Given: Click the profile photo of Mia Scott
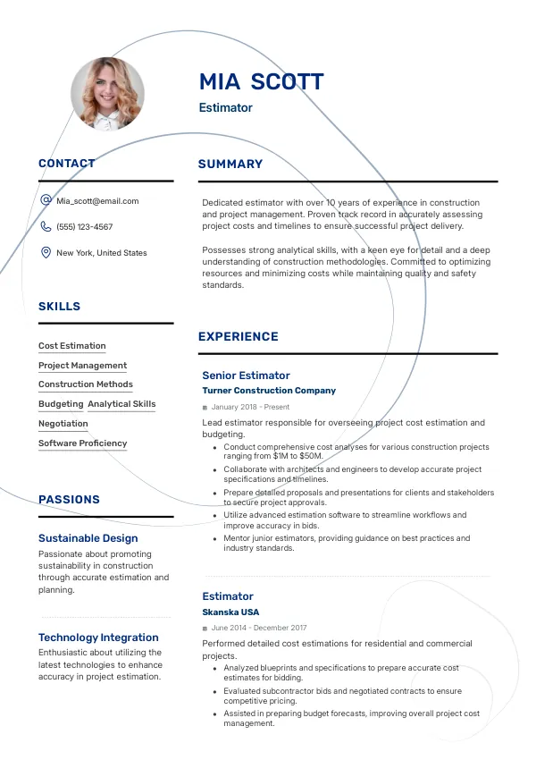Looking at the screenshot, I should pos(107,94).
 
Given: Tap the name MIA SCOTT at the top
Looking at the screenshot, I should pos(261,82).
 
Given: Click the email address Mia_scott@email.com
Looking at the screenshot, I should pos(97,201).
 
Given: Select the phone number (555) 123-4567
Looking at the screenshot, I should pos(85,227).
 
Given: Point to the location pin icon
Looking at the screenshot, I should pos(46,253).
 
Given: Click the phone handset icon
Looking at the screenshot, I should pos(46,227).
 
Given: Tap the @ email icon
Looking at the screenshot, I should pos(46,201).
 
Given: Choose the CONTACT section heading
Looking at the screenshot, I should pos(66,164).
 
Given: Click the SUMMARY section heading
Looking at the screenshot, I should pos(230,165).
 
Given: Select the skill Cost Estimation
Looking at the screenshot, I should pos(71,346).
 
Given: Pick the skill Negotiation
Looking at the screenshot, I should pos(63,424).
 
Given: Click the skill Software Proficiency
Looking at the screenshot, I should pos(82,443).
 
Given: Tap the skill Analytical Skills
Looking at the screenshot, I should pos(121,404).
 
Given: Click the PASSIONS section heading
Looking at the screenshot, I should pos(69,500).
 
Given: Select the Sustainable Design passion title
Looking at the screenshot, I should pos(88,538).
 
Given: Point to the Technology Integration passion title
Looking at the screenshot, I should pos(98,638).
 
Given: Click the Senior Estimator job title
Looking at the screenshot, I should pos(246,376).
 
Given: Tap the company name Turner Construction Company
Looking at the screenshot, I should pos(269,391).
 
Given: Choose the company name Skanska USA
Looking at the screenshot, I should pos(230,612).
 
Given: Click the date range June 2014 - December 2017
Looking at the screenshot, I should pos(258,629).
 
